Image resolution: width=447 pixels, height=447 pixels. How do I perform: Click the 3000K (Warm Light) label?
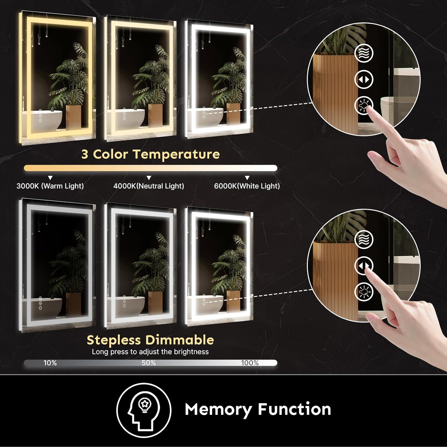click(50, 186)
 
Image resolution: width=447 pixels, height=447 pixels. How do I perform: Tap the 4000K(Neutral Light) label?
click(149, 186)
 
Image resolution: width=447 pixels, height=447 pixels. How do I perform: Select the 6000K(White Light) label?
click(247, 186)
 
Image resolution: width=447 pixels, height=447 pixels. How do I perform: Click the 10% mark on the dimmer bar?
click(50, 363)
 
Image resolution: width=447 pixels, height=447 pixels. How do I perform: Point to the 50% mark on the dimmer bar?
click(149, 363)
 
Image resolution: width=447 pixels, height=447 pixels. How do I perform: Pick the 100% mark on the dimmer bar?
click(250, 363)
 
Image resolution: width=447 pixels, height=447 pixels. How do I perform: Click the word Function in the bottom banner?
click(294, 409)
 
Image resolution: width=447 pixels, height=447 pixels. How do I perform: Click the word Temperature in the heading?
click(176, 154)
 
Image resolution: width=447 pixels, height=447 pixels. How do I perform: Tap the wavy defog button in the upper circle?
click(364, 53)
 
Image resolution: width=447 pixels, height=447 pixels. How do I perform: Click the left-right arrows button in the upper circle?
click(364, 80)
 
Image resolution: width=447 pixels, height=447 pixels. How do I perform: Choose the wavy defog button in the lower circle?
click(364, 239)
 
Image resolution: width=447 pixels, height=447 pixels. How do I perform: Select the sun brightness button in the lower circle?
click(364, 292)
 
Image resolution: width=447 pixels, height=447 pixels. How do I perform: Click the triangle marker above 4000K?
click(149, 178)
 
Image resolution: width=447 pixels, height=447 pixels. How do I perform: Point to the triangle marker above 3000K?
click(50, 178)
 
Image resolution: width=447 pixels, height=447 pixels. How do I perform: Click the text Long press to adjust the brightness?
click(150, 352)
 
